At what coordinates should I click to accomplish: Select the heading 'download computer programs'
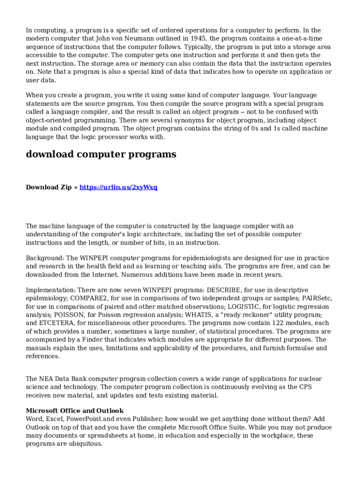click(x=101, y=154)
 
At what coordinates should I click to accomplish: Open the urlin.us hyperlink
click(x=118, y=187)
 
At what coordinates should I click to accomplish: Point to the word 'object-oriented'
click(x=49, y=120)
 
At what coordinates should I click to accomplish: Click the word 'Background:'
click(x=45, y=258)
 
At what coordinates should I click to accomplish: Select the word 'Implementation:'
click(x=50, y=290)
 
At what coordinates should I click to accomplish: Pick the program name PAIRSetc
click(x=317, y=298)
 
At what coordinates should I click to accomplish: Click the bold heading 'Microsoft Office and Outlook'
click(x=74, y=411)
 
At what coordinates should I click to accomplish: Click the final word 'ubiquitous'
click(x=86, y=444)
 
